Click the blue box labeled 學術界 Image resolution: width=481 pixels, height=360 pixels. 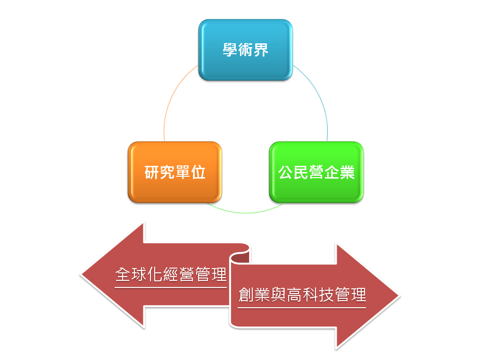click(x=245, y=50)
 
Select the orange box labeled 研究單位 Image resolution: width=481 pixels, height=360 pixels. click(x=175, y=172)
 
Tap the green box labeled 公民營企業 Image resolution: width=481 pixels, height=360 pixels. click(x=316, y=172)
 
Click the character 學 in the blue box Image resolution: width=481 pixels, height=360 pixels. click(x=230, y=49)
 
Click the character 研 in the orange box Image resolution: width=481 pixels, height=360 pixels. click(x=151, y=172)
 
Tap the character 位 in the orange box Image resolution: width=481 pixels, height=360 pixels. click(x=199, y=172)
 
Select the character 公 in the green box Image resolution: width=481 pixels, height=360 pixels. click(x=285, y=172)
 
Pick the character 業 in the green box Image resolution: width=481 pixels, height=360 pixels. click(x=348, y=172)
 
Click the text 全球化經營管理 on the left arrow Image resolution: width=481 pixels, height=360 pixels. click(x=171, y=274)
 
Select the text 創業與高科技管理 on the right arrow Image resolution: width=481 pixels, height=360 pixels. click(x=302, y=295)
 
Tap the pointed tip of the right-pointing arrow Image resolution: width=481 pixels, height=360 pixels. click(x=400, y=296)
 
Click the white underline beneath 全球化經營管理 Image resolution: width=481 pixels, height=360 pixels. click(x=171, y=287)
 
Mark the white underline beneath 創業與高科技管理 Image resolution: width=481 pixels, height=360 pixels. click(x=302, y=308)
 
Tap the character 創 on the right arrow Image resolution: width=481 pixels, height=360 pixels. click(x=246, y=295)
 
